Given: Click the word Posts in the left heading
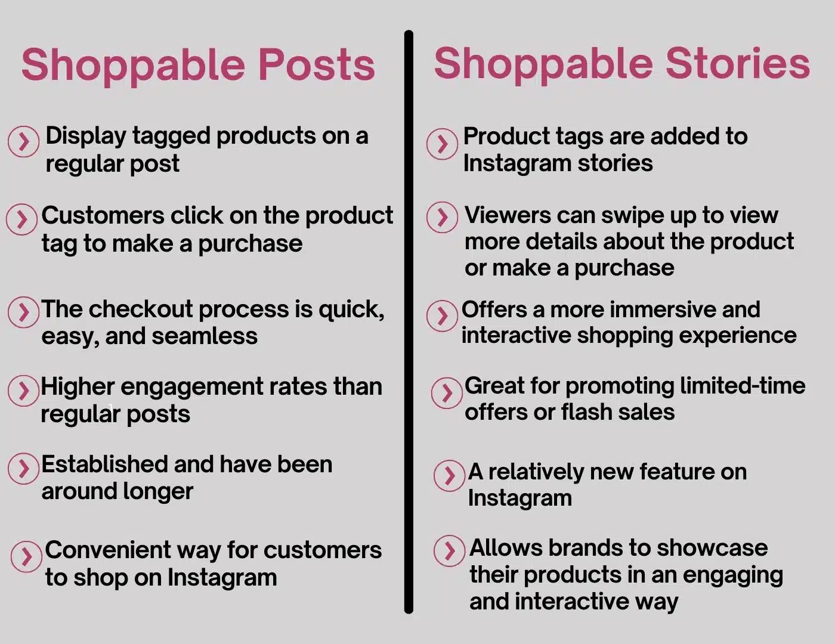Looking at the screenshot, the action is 317,64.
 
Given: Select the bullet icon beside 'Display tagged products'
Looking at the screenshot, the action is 23,141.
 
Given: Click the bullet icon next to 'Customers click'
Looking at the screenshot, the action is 22,219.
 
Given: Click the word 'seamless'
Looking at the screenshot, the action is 205,336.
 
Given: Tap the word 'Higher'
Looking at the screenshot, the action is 78,387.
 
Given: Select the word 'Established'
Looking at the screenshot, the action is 104,465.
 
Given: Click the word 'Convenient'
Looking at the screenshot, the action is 107,550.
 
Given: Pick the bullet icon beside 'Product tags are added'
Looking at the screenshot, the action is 442,144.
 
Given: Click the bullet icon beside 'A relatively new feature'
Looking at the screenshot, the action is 450,475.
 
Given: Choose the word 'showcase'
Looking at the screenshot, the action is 712,548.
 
